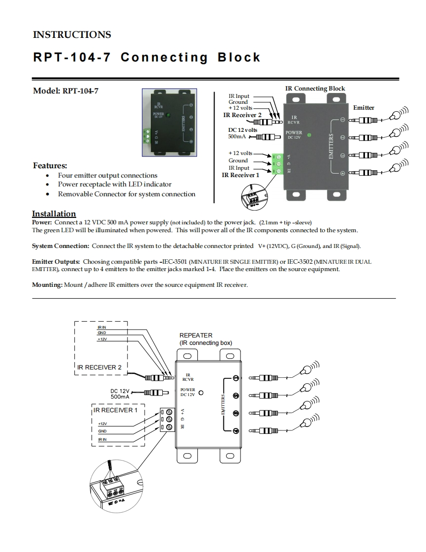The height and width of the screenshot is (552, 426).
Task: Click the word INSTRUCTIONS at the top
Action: pyautogui.click(x=72, y=35)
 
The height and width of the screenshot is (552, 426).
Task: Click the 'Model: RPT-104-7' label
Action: pyautogui.click(x=65, y=91)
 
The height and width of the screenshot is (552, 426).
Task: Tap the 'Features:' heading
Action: pyautogui.click(x=50, y=165)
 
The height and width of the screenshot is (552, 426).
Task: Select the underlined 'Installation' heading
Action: pyautogui.click(x=54, y=214)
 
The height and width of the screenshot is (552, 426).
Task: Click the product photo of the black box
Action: pyautogui.click(x=169, y=123)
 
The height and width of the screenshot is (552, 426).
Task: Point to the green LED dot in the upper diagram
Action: pyautogui.click(x=308, y=134)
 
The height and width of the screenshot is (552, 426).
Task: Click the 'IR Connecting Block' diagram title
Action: pyautogui.click(x=315, y=89)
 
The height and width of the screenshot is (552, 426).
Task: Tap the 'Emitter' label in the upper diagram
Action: pyautogui.click(x=364, y=108)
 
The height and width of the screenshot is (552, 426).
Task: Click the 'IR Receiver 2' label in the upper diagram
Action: pyautogui.click(x=242, y=115)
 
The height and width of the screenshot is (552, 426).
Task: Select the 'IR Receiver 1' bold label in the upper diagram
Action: pyautogui.click(x=241, y=175)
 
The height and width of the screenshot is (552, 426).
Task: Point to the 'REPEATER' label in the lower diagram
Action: pyautogui.click(x=196, y=336)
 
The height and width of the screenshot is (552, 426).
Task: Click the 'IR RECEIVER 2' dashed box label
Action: pyautogui.click(x=99, y=368)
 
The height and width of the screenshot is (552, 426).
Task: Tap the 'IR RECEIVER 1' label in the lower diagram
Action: pyautogui.click(x=116, y=410)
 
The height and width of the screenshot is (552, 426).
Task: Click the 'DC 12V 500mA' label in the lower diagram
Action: pyautogui.click(x=120, y=393)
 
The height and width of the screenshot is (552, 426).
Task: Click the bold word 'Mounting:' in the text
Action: pyautogui.click(x=47, y=285)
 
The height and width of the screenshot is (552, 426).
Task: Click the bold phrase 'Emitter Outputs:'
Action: pyautogui.click(x=56, y=262)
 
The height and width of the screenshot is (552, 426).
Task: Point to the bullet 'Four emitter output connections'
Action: pyautogui.click(x=107, y=176)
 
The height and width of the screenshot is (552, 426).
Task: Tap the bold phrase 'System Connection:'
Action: pyautogui.click(x=61, y=246)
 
